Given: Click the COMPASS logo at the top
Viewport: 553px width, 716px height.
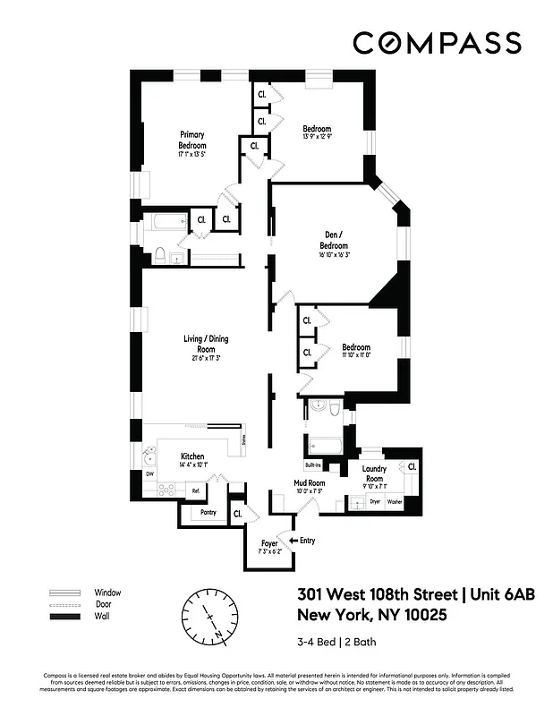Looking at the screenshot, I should [436, 42].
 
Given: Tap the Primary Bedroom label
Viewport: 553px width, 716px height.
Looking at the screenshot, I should [192, 141].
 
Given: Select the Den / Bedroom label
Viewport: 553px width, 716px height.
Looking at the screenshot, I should [336, 242].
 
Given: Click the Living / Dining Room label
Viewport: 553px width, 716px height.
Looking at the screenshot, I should [205, 344].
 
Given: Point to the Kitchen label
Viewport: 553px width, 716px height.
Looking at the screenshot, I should [193, 456].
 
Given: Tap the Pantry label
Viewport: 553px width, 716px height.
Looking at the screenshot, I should [208, 513].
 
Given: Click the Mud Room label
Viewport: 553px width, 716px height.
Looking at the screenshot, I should [310, 483].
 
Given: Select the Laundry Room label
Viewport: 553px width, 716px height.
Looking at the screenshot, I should [374, 473].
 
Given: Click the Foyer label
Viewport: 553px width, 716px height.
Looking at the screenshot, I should [269, 543].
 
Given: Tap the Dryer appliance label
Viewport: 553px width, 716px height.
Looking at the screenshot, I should [376, 502].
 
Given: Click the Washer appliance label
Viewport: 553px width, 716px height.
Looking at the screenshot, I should [395, 502].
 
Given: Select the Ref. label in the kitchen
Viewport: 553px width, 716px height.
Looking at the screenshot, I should [195, 490].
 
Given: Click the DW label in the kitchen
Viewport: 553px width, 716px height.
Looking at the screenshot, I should [150, 473].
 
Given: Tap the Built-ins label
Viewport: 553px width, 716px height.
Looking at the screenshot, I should [312, 465].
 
